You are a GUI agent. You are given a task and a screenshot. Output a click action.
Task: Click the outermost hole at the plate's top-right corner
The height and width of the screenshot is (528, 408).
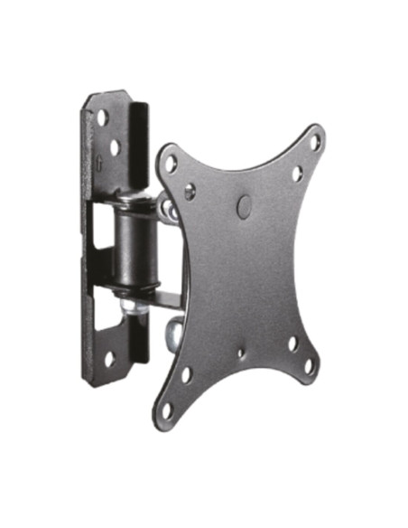[x=314, y=142]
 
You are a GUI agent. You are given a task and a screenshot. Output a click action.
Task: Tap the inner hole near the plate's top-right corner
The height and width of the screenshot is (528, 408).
[x=295, y=172]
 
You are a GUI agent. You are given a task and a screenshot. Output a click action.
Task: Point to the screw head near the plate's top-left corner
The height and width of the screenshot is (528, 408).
[x=190, y=192]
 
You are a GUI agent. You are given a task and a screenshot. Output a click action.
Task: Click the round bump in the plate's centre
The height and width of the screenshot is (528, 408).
[x=244, y=206]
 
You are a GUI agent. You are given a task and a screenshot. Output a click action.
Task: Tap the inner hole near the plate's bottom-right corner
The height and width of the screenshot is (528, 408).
[x=292, y=344]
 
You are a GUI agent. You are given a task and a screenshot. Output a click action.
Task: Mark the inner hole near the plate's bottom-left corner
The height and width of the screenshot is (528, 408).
[x=185, y=374]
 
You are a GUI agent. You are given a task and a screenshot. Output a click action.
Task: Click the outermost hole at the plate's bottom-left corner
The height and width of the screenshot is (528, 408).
[x=168, y=409]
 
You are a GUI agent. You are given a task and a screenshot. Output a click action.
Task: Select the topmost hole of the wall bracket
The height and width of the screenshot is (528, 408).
[x=102, y=116]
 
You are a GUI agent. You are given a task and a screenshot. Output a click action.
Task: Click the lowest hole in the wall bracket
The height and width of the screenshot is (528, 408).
[x=108, y=357]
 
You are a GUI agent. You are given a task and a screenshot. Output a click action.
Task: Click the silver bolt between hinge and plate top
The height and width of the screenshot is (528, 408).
[x=168, y=210]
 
